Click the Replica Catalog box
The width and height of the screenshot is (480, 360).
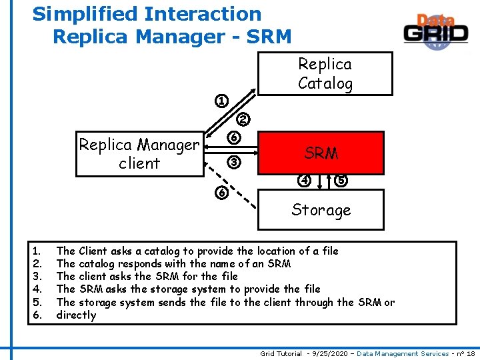point(325,74)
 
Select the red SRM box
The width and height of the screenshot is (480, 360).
point(321,153)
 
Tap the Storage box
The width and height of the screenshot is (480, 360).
point(321,210)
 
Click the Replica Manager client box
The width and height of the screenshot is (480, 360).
point(139,154)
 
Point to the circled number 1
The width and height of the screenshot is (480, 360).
point(221,101)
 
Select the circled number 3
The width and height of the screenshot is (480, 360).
point(233,161)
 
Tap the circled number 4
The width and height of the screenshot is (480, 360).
point(304,180)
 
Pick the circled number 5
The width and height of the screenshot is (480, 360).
point(341,180)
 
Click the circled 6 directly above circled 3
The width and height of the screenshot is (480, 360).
point(233,138)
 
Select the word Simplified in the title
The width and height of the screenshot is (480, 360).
point(80,13)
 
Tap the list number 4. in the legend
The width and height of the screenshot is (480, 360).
point(37,289)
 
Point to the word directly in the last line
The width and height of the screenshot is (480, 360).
point(76,315)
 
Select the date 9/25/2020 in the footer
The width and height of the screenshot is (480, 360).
point(327,353)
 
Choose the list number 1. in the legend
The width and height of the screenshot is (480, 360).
point(37,251)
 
